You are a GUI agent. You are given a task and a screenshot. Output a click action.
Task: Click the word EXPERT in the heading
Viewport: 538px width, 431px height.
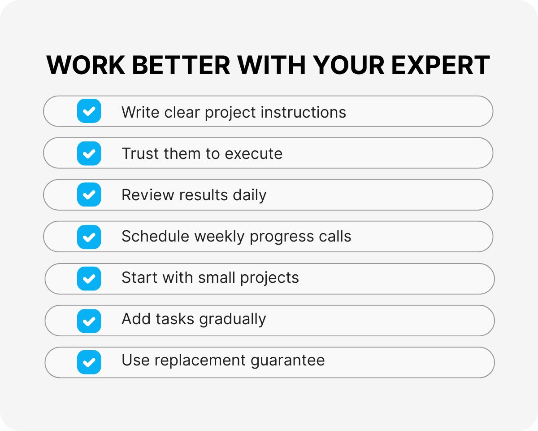tap(441, 65)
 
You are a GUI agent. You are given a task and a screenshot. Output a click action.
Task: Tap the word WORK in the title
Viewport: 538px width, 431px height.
tap(86, 65)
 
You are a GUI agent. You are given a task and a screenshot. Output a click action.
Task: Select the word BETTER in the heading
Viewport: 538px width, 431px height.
tap(181, 65)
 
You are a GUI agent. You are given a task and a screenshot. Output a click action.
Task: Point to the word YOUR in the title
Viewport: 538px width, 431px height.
tap(348, 65)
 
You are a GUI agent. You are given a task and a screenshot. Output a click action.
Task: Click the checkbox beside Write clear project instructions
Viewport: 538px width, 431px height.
tap(89, 111)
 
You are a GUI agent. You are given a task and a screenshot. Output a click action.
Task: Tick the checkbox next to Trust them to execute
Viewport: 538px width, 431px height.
tap(89, 153)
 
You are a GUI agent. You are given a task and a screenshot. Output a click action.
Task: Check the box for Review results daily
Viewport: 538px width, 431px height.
tap(89, 194)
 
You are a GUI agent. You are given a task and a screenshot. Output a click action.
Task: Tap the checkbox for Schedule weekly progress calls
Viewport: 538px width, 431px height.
tap(89, 237)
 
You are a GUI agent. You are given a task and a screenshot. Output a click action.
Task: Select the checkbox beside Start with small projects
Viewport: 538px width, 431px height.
tap(89, 278)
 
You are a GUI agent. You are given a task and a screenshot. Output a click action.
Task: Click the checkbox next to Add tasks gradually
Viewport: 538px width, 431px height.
tap(89, 321)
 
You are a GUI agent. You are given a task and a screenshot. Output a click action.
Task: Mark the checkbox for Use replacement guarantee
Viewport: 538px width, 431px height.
tap(89, 362)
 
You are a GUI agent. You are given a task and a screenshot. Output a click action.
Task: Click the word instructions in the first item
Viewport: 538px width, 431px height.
tap(303, 112)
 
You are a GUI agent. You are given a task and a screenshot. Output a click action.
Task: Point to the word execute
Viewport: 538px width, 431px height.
tap(253, 154)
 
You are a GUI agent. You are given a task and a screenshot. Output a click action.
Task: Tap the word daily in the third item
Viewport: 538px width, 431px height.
tap(250, 195)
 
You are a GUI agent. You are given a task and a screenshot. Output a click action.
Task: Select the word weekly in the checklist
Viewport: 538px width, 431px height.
tap(219, 237)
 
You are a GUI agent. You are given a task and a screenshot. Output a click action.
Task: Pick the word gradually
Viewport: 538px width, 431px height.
tap(233, 320)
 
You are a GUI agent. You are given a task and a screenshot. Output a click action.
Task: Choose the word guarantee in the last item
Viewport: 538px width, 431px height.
tap(287, 361)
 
